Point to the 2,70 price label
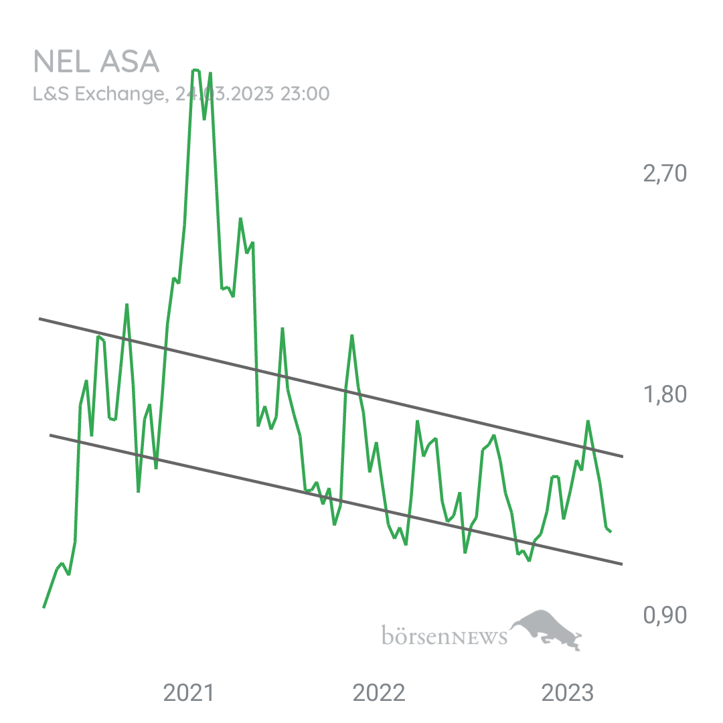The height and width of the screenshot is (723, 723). [664, 175]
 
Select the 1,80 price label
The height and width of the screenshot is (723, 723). [664, 394]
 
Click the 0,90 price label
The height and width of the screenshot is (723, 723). [664, 615]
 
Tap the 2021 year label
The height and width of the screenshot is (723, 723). [189, 694]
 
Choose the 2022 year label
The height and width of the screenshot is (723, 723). [379, 694]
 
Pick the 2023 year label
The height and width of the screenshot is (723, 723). [568, 694]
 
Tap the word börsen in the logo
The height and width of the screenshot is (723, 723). [415, 635]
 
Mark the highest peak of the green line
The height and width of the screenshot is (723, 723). [195, 70]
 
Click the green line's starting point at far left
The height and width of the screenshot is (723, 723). [44, 607]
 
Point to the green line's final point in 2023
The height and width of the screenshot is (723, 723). [611, 533]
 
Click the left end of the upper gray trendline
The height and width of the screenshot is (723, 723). [39, 319]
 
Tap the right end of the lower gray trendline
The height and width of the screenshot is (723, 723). [623, 564]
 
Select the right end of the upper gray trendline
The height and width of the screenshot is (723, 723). [623, 457]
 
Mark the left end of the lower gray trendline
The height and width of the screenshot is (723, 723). [50, 434]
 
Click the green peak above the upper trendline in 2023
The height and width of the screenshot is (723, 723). [588, 421]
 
